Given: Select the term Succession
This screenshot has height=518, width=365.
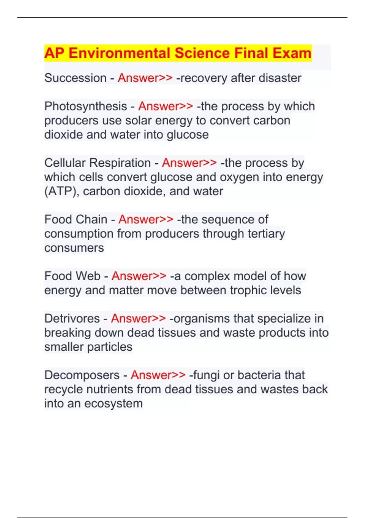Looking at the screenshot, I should pos(75,78).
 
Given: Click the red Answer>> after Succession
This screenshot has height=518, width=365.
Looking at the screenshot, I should pos(145,78).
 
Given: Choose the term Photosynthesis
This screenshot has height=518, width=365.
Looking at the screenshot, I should pos(85,106).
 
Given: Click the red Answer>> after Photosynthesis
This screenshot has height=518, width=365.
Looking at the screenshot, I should pos(165,106).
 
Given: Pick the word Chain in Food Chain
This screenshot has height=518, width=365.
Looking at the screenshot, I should pos(92,219).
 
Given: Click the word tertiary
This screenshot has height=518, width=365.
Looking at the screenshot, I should pos(266,234).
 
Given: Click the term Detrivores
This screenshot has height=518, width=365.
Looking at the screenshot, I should pos(72,318).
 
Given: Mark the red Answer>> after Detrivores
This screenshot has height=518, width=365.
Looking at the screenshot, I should pos(138,318).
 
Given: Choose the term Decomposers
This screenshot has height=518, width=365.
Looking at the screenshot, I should pos(82,375).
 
